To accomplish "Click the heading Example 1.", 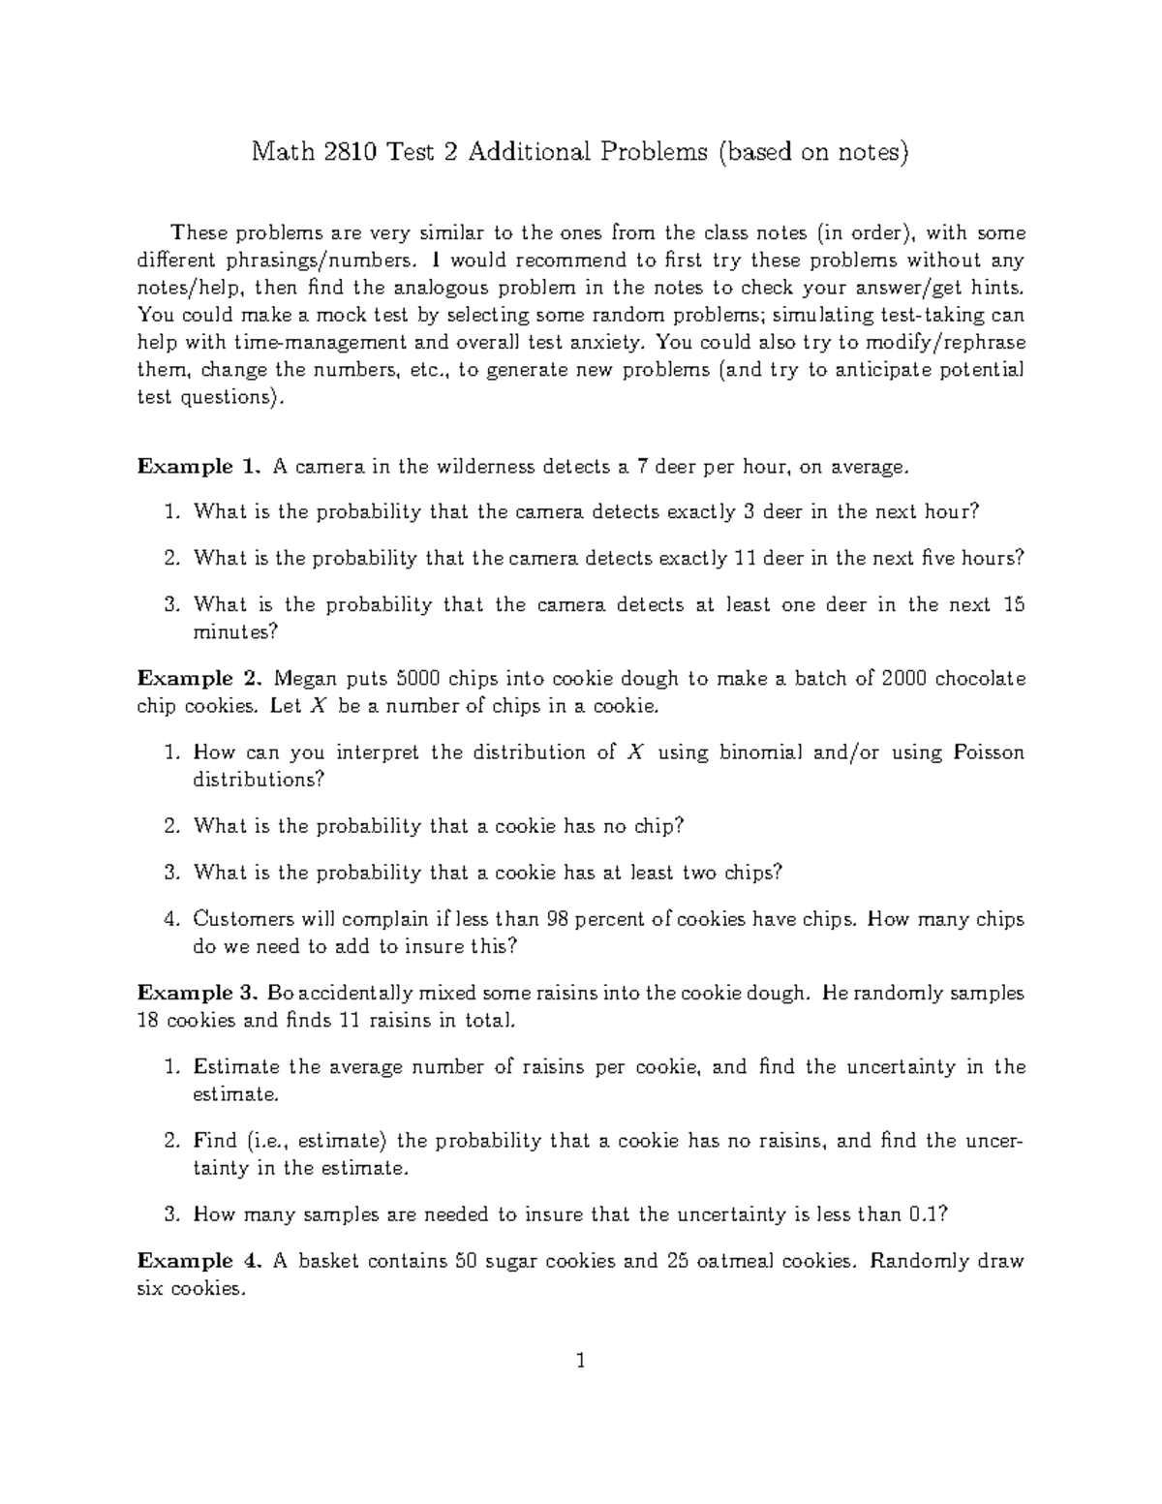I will pos(199,467).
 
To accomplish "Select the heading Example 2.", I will pos(199,678).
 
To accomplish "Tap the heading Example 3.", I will pos(199,993).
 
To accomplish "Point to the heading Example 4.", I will pos(199,1261).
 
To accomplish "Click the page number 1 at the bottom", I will pos(581,1362).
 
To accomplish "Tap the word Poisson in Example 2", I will pos(988,752).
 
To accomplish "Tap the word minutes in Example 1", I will pos(235,632).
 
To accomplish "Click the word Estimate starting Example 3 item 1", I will pos(236,1067).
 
